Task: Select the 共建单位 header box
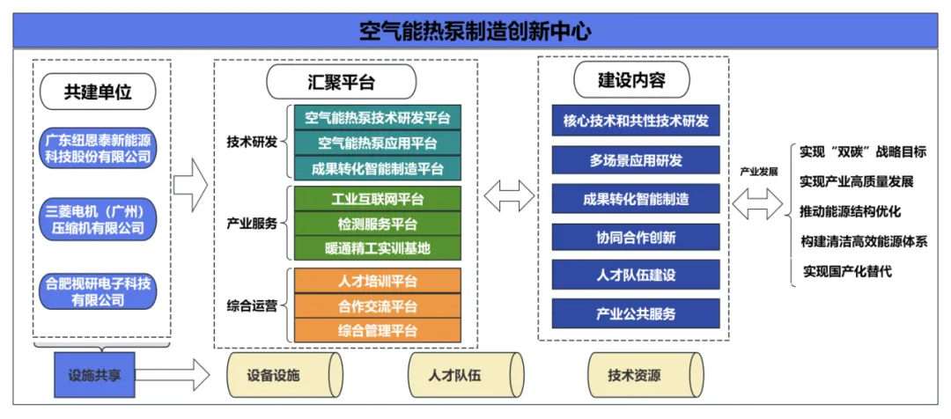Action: coord(99,91)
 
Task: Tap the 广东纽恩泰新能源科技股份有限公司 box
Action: coord(99,148)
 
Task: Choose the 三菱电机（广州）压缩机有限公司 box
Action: coord(99,218)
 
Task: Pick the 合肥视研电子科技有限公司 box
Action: coord(99,291)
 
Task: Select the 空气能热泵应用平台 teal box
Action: coord(378,143)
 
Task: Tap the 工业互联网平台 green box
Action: coord(378,199)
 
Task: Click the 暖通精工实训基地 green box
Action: coord(378,248)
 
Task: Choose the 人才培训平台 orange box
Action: coord(378,282)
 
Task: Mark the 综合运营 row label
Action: coord(252,306)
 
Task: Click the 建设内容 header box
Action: coord(631,80)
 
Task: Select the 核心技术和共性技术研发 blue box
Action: coord(636,121)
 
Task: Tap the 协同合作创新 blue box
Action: coord(636,237)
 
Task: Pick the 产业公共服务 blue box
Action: coord(636,314)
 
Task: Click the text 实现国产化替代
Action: coord(847,271)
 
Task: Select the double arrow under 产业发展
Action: coord(757,203)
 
